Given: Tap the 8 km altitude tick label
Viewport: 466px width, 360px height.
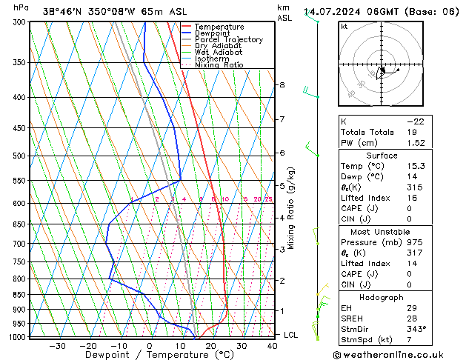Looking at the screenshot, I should (282, 85).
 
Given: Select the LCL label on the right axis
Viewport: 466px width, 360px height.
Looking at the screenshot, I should (291, 335).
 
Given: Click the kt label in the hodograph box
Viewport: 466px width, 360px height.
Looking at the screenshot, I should (344, 27).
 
